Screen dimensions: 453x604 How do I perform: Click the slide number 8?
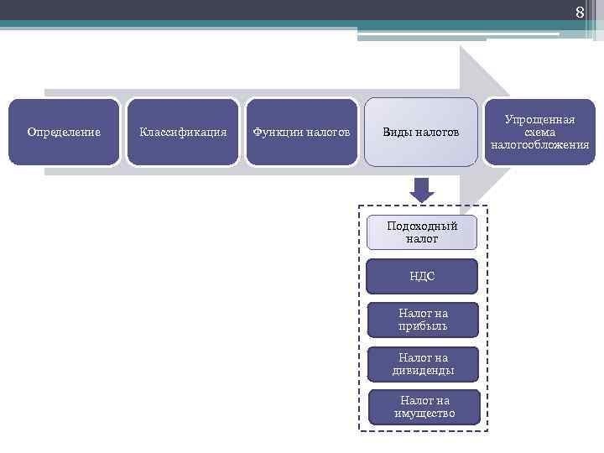tap(579, 13)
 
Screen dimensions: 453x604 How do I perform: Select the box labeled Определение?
tap(64, 132)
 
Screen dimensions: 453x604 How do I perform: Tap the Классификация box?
tap(183, 132)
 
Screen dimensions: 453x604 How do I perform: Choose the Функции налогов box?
tap(301, 132)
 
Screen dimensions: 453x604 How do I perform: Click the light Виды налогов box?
tap(421, 132)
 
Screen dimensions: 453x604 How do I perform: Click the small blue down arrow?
tap(422, 190)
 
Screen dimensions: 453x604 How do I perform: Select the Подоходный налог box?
tap(422, 232)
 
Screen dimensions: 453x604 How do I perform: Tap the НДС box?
tap(422, 276)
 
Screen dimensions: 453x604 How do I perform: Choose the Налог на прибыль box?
tap(423, 320)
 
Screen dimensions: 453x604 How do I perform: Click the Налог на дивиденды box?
tap(423, 363)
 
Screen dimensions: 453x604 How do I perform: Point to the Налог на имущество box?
tap(424, 407)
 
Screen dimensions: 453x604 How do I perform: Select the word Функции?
tap(274, 132)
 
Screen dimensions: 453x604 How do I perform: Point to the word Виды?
tap(398, 132)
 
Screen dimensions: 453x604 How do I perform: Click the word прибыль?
tap(423, 325)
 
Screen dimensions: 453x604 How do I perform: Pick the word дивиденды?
tap(423, 370)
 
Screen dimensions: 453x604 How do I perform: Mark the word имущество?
tap(424, 413)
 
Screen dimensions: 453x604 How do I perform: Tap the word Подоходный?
tap(422, 226)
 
